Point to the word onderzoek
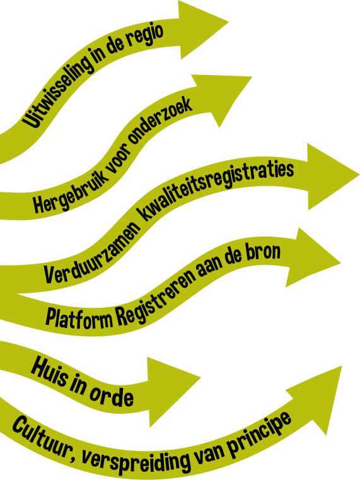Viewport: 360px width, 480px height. [159, 122]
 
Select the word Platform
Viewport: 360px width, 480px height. [79, 319]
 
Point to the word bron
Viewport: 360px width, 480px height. [262, 254]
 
